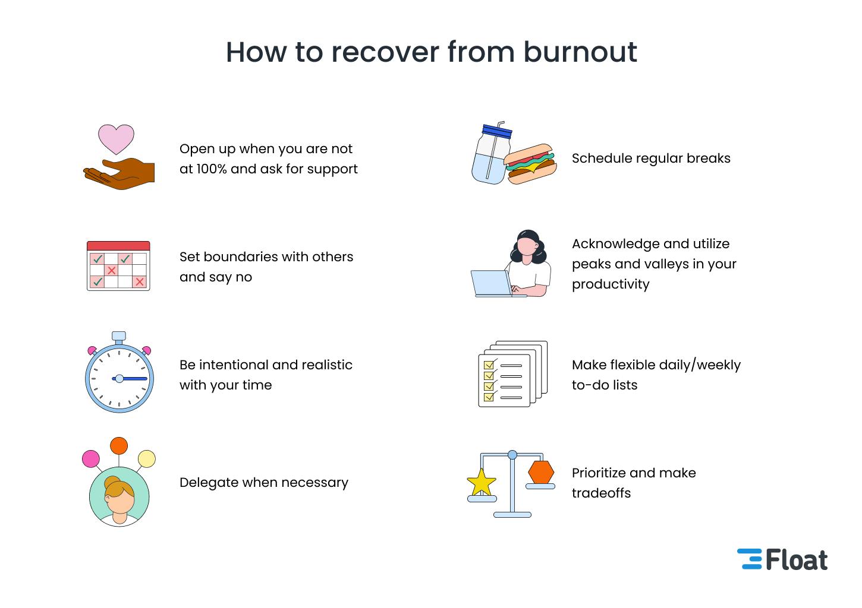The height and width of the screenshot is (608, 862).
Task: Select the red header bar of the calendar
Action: (x=118, y=246)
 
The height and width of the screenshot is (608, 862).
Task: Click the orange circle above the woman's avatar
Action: (x=119, y=445)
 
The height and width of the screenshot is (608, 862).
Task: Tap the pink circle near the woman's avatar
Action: (x=90, y=459)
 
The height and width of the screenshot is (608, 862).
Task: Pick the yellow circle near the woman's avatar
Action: (x=146, y=459)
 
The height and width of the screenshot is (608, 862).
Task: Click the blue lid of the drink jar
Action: (x=497, y=131)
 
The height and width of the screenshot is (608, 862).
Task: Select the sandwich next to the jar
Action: (x=530, y=163)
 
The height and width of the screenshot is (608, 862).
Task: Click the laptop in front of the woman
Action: (x=491, y=283)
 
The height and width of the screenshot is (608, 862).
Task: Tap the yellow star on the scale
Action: (x=481, y=483)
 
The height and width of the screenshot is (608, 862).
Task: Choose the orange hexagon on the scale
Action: (x=541, y=472)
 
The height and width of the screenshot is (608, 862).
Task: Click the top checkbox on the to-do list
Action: (x=489, y=365)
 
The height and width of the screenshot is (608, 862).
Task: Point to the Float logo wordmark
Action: (x=796, y=560)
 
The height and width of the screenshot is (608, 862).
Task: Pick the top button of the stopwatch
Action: (x=119, y=336)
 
